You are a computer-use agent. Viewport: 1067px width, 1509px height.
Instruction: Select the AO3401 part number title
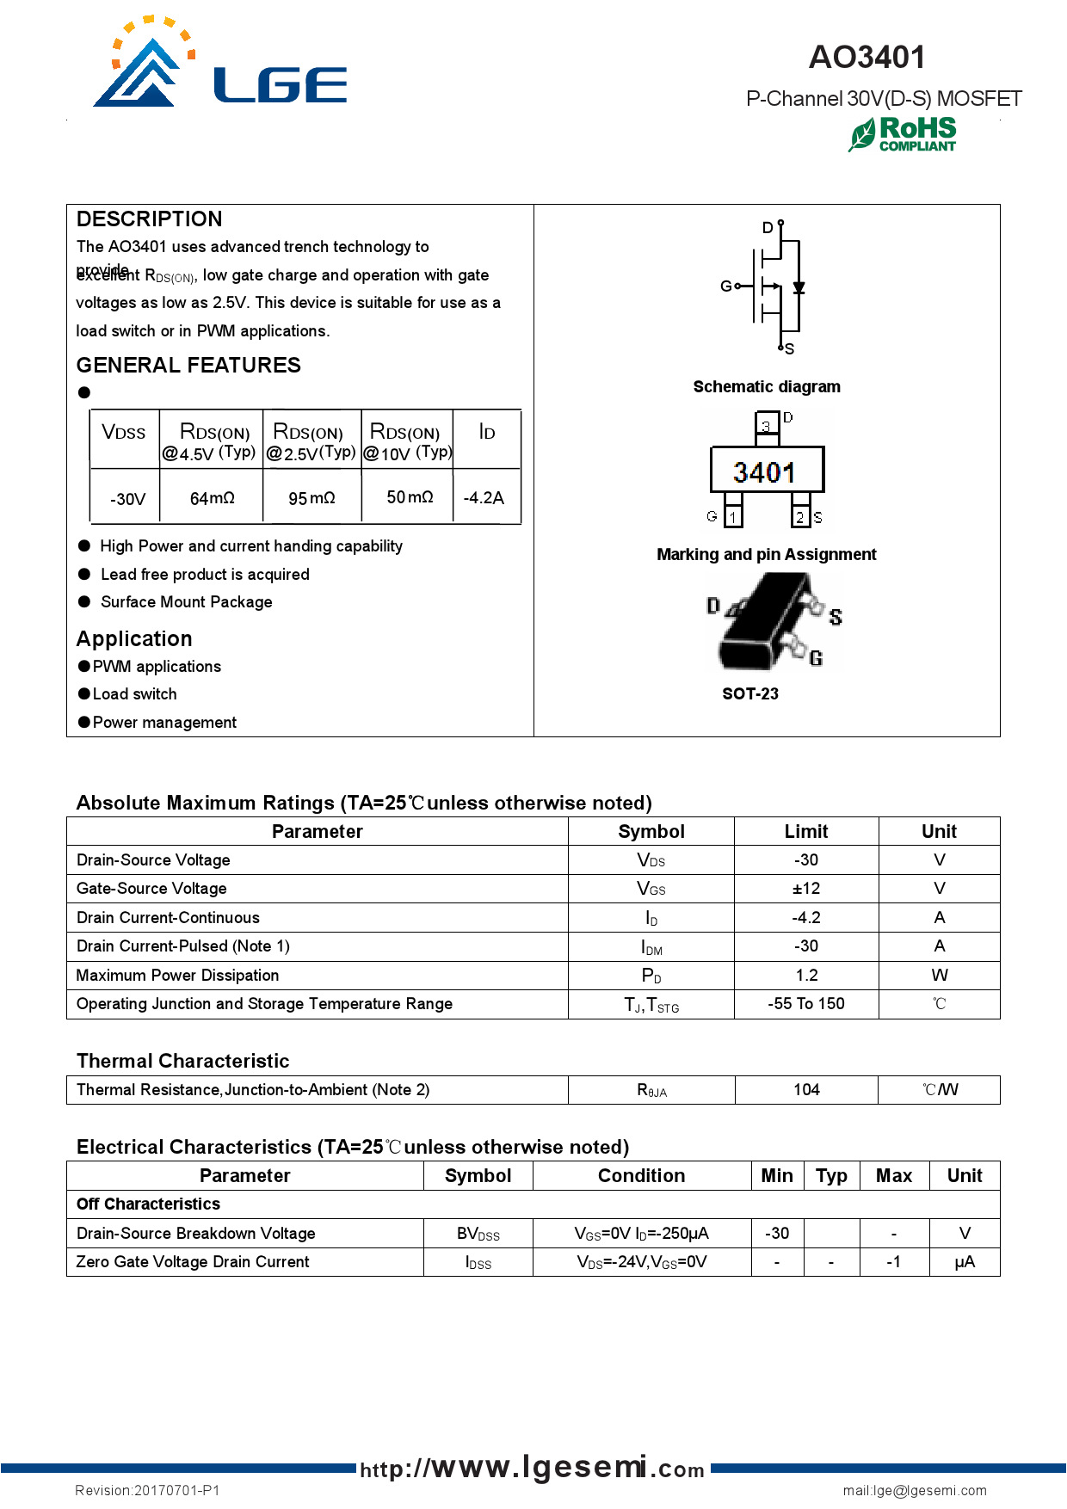click(867, 58)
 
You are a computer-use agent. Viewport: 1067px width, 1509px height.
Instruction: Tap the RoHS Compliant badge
click(903, 135)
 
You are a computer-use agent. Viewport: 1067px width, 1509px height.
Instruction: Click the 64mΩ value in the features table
click(212, 498)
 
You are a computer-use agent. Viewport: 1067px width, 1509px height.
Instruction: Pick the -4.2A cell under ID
click(484, 497)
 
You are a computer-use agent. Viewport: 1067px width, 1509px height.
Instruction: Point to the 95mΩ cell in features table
click(311, 498)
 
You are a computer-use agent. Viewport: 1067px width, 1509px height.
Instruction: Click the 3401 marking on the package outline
click(765, 471)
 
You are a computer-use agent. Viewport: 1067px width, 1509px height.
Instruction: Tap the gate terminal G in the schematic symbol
click(727, 286)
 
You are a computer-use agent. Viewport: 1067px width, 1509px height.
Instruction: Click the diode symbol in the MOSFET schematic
click(799, 287)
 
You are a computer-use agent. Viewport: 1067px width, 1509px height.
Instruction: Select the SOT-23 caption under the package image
click(750, 693)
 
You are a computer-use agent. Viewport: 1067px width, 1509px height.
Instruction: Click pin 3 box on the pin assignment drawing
click(766, 425)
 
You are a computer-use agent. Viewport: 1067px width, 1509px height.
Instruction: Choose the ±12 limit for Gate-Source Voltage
click(806, 889)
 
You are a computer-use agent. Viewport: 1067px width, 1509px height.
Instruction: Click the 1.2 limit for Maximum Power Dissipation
click(806, 975)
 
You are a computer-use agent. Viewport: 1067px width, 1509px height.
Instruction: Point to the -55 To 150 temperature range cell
click(806, 1003)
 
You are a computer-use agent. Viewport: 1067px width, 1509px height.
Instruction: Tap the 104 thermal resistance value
click(806, 1089)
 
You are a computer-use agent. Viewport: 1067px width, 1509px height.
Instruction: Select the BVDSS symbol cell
click(478, 1234)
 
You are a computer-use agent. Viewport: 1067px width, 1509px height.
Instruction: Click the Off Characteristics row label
click(148, 1204)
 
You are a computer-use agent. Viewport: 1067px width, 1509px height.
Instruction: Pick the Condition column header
click(641, 1175)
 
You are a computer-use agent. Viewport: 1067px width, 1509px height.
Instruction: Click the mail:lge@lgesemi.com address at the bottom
click(915, 1490)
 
